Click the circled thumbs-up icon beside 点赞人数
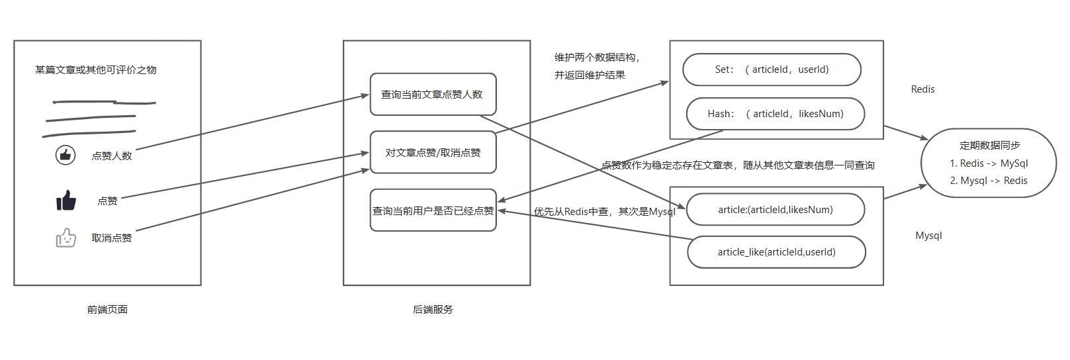click(x=65, y=155)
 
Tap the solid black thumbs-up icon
click(x=66, y=200)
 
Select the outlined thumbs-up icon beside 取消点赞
click(x=66, y=238)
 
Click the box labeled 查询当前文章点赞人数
click(x=433, y=95)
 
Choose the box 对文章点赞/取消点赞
click(x=433, y=152)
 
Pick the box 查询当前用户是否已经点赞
click(x=433, y=210)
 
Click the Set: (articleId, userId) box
click(x=772, y=69)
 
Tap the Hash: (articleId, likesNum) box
click(x=776, y=114)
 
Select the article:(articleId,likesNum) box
click(x=776, y=210)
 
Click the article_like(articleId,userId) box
click(x=776, y=252)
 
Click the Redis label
click(x=922, y=89)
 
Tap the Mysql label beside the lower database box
click(x=928, y=236)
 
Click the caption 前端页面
click(x=107, y=309)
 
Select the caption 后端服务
click(x=433, y=309)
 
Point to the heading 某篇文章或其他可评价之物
click(x=96, y=69)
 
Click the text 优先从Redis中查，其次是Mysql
click(x=604, y=212)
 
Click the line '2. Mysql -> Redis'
click(x=989, y=181)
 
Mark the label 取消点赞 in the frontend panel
click(x=112, y=238)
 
